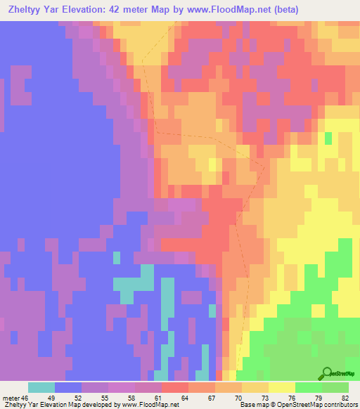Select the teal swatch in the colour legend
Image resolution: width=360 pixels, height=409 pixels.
pos(41,387)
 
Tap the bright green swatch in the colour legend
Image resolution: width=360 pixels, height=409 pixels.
pos(309,387)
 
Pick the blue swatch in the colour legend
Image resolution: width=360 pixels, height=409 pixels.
pos(68,387)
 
